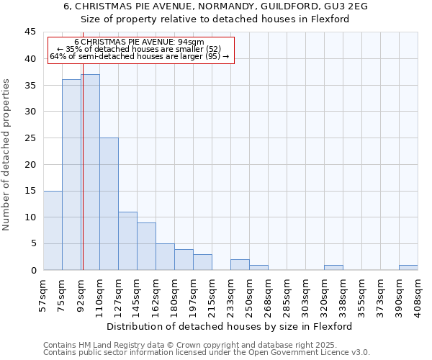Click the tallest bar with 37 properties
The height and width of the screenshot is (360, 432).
click(90, 172)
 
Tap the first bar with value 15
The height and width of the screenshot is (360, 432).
click(53, 230)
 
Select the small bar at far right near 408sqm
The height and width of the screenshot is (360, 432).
click(408, 267)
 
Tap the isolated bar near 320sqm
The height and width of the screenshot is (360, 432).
click(333, 267)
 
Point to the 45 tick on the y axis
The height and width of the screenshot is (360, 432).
click(30, 32)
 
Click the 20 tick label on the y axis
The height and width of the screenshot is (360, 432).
click(30, 164)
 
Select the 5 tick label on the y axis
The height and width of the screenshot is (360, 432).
click(33, 243)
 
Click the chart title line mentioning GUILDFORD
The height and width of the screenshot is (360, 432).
click(215, 6)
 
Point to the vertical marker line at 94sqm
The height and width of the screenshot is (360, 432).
click(83, 180)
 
